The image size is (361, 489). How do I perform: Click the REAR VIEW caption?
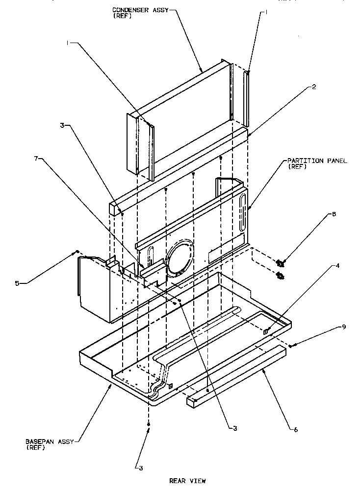click(x=187, y=481)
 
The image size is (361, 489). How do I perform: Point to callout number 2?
click(x=300, y=87)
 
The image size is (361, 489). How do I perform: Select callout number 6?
click(x=295, y=429)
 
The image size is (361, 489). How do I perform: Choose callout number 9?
click(x=343, y=326)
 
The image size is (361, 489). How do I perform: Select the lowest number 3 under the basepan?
click(x=141, y=468)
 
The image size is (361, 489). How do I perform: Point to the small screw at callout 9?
click(x=291, y=346)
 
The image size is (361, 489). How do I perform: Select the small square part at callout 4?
click(x=265, y=331)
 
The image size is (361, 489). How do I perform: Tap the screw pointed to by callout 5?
click(x=77, y=252)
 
